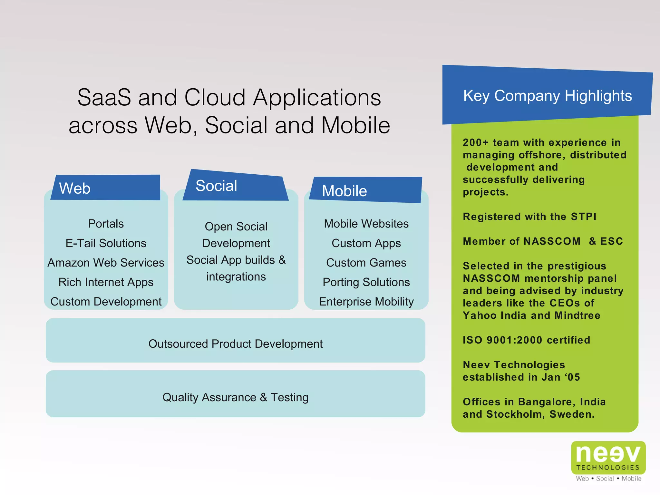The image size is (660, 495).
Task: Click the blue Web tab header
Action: pyautogui.click(x=106, y=188)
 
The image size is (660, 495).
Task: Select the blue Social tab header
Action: pyautogui.click(x=235, y=186)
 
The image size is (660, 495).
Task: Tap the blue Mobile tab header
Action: pyautogui.click(x=365, y=190)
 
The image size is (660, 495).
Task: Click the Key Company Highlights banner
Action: pyautogui.click(x=547, y=95)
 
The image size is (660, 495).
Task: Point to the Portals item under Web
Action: pyautogui.click(x=106, y=224)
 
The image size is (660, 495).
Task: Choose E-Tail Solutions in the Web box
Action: pyautogui.click(x=106, y=243)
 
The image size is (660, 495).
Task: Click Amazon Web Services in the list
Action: pyautogui.click(x=106, y=263)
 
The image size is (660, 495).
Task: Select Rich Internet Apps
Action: pyautogui.click(x=106, y=282)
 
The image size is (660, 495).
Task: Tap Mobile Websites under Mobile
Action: pyautogui.click(x=366, y=224)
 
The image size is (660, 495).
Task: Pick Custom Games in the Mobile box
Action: pyautogui.click(x=366, y=263)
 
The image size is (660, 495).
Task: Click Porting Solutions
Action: pyautogui.click(x=366, y=282)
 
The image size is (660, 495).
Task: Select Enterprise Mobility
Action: pyautogui.click(x=366, y=302)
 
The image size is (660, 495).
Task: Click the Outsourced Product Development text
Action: pyautogui.click(x=235, y=344)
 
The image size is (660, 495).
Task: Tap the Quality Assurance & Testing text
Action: pyautogui.click(x=235, y=397)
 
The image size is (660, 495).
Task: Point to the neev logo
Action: pyautogui.click(x=608, y=458)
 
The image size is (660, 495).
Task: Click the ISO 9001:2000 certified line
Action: pyautogui.click(x=526, y=340)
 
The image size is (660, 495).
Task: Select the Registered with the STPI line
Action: pyautogui.click(x=529, y=217)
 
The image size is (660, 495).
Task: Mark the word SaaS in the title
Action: pyautogui.click(x=104, y=97)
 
